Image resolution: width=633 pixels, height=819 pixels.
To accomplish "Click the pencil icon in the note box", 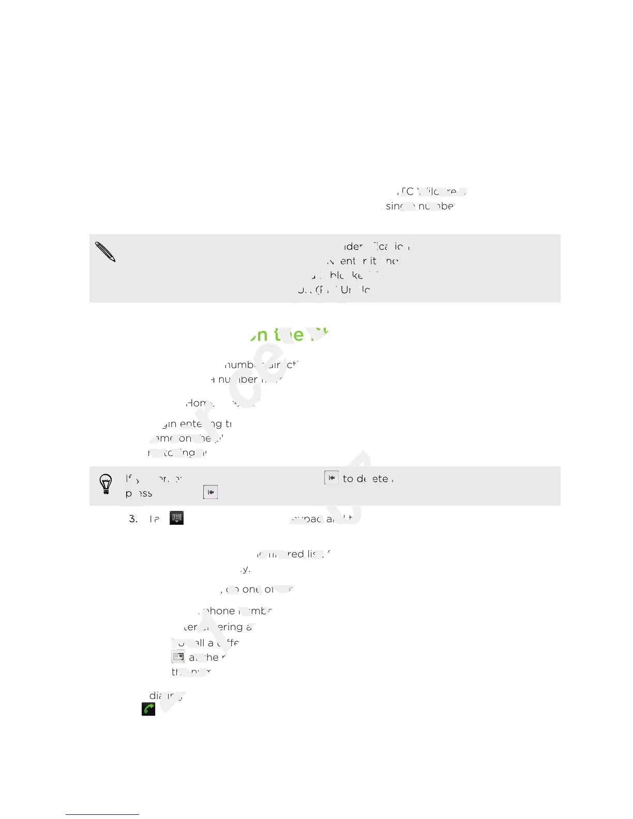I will point(106,252).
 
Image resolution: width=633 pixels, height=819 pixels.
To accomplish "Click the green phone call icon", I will point(148,709).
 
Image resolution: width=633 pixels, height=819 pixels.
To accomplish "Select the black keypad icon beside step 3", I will point(177,518).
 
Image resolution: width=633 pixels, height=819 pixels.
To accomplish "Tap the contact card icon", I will point(178,657).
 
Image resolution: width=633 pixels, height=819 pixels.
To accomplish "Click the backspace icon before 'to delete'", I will point(331,478).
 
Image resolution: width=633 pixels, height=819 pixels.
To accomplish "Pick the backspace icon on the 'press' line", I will point(210,492).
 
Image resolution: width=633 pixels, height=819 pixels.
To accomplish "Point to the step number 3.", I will point(133,519).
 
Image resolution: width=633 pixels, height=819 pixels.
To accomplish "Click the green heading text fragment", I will point(290,335).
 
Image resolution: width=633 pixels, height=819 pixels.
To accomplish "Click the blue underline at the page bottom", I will point(102,814).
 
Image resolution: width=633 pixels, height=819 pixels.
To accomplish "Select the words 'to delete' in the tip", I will point(365,479).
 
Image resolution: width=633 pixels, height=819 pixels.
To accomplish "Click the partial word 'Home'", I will point(197,403).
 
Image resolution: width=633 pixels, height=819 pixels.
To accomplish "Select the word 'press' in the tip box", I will point(139,493).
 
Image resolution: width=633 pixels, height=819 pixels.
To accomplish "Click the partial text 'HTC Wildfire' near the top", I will point(429,192).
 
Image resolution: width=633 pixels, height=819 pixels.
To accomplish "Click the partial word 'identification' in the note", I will point(380,247).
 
